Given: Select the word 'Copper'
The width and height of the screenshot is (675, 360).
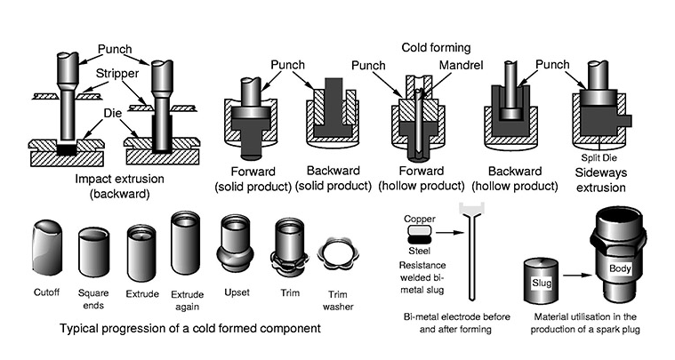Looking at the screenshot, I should (419, 218).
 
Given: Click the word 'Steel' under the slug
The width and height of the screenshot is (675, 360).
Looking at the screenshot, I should (419, 252).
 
